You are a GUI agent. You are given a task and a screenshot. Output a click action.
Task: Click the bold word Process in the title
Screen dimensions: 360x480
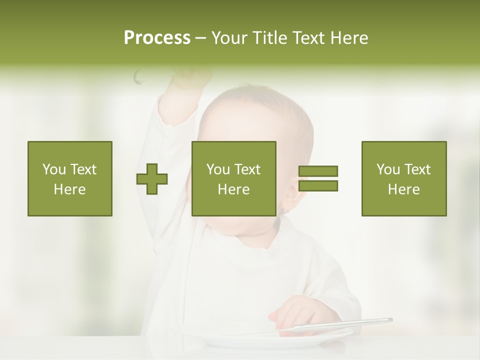tap(157, 38)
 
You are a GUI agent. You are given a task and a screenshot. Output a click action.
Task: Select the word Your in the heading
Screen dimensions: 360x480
tap(229, 38)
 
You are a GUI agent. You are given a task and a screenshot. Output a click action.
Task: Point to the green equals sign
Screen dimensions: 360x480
tap(318, 178)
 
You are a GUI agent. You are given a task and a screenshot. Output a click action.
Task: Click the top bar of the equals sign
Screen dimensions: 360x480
tap(318, 171)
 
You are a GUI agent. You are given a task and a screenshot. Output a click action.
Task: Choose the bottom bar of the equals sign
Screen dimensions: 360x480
tap(318, 185)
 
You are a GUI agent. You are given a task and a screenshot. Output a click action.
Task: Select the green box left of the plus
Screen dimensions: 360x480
tap(69, 178)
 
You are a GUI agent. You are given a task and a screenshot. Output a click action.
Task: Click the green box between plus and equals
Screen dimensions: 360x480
tap(233, 178)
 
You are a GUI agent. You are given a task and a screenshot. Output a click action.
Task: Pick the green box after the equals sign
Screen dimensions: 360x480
tap(403, 178)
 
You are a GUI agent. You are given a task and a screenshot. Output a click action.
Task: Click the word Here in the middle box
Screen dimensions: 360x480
tap(233, 189)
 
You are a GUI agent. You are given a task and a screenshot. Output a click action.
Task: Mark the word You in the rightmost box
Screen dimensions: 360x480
tap(388, 169)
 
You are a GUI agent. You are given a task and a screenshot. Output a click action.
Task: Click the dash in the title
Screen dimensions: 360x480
tap(200, 38)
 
